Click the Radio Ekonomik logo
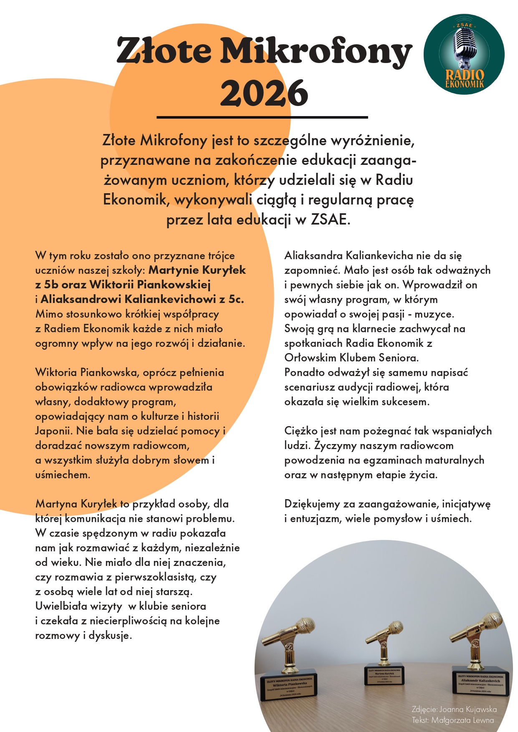click(x=464, y=54)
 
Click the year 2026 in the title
click(x=264, y=93)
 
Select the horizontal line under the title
click(x=262, y=117)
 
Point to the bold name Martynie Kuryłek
click(x=197, y=270)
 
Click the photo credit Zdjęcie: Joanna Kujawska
click(x=454, y=709)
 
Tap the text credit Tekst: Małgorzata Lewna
click(x=452, y=720)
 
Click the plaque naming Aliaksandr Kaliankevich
click(x=480, y=683)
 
